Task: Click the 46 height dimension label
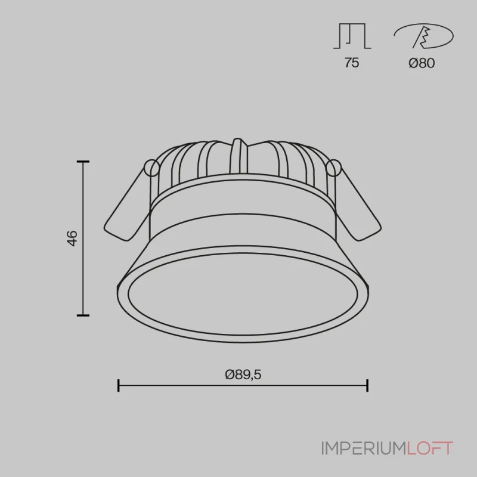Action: [x=72, y=238]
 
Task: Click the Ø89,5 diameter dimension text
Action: [x=243, y=374]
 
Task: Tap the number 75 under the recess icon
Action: [x=352, y=63]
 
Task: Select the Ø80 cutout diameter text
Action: [x=422, y=63]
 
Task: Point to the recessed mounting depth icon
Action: [x=352, y=36]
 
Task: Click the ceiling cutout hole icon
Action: [x=423, y=36]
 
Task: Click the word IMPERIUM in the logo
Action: [x=364, y=448]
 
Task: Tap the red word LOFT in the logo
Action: [x=430, y=448]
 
